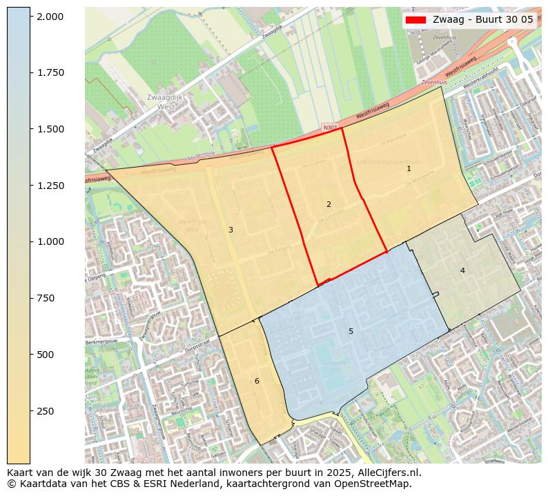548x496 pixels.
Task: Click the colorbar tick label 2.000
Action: click(50, 16)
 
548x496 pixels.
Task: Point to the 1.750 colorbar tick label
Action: click(50, 72)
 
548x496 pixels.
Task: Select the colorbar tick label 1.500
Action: click(50, 129)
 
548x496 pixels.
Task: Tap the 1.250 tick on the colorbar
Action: click(50, 186)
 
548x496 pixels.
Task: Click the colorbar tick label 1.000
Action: click(50, 241)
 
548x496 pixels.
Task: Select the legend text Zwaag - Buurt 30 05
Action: click(483, 19)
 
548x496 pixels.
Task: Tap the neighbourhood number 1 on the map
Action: click(409, 168)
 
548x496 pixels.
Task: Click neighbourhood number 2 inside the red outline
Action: click(329, 204)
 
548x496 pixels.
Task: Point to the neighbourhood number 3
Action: click(231, 230)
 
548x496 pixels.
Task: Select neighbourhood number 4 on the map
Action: click(462, 270)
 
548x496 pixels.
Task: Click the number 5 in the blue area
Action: click(351, 332)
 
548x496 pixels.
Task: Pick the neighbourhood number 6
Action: click(257, 381)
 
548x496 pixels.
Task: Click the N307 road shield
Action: click(330, 128)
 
